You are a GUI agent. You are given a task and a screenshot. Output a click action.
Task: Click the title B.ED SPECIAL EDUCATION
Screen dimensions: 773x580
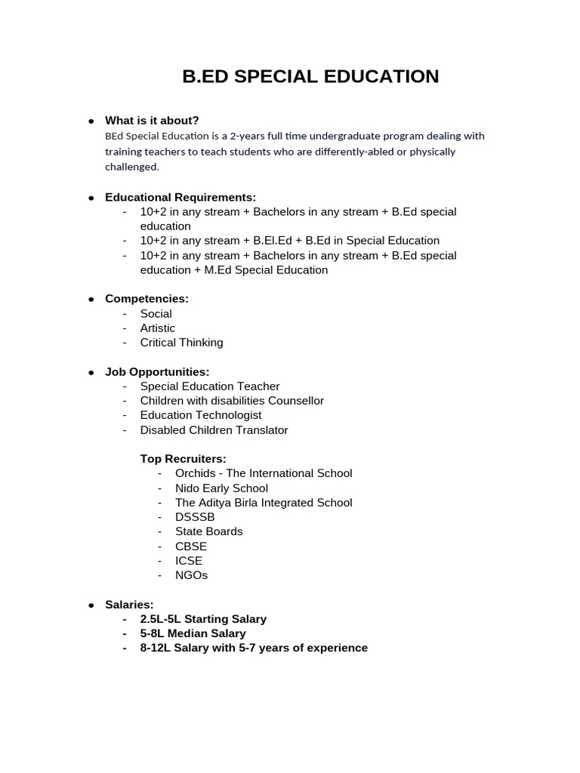[x=310, y=76]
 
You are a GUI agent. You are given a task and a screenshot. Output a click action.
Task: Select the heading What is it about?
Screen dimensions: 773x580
[x=152, y=121]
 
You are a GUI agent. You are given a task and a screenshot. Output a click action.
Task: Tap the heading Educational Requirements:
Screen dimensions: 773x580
[x=180, y=197]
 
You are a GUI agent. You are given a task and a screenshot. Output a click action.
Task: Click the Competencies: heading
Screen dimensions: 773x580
[x=147, y=299]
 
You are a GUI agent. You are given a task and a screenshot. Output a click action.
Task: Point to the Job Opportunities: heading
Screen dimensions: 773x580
[x=157, y=372]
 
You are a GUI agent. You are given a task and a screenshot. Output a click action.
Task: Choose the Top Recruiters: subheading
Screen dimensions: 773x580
[x=183, y=459]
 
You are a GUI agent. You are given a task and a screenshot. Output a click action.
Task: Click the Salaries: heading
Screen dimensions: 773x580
[x=129, y=605]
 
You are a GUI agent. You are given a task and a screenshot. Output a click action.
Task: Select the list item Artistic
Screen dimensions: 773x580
[x=157, y=328]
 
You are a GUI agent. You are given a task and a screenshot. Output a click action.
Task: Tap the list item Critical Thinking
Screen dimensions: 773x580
[x=181, y=343]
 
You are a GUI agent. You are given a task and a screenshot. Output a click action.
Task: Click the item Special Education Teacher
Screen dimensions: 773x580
[x=209, y=386]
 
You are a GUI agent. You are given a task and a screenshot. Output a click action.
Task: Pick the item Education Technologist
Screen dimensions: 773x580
[x=201, y=415]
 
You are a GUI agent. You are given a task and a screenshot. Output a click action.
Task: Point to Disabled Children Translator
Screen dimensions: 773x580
[x=214, y=430]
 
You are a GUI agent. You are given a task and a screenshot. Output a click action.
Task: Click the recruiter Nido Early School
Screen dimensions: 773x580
[x=221, y=488]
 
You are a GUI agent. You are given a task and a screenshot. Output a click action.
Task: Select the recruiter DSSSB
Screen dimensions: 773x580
[x=195, y=517]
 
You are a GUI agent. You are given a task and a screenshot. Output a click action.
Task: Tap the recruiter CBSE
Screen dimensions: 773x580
[x=190, y=547]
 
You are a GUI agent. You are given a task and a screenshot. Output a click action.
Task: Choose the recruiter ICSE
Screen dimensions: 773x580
[x=189, y=561]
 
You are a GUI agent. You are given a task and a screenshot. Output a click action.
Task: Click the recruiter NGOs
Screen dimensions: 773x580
[x=191, y=575]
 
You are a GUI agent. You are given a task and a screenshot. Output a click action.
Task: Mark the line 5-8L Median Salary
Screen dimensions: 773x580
[x=193, y=633]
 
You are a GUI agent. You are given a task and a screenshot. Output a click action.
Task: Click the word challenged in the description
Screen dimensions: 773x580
[x=131, y=167]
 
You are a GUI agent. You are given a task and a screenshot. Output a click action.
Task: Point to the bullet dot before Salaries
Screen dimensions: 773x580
[x=91, y=605]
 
